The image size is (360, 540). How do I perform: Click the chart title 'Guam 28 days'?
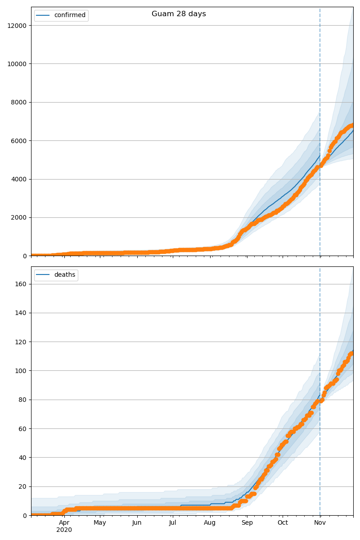click(x=179, y=14)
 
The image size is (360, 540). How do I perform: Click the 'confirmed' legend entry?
click(x=69, y=15)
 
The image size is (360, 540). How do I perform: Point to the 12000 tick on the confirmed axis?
click(x=17, y=26)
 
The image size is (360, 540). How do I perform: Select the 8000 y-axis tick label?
click(x=19, y=103)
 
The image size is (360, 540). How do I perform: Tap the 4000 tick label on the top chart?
click(x=19, y=179)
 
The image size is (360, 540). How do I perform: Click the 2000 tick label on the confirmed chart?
click(x=19, y=218)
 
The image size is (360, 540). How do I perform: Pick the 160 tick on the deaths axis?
click(x=21, y=284)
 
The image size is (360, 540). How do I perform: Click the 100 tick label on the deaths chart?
click(x=21, y=371)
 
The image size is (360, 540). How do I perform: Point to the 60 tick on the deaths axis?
click(x=22, y=429)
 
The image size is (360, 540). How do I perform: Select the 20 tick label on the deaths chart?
click(x=22, y=486)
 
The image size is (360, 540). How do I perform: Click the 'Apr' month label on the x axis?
click(x=64, y=523)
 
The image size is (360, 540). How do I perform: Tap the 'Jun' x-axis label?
click(x=137, y=523)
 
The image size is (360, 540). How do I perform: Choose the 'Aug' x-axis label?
click(x=210, y=523)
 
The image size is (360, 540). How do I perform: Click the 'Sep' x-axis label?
click(x=247, y=523)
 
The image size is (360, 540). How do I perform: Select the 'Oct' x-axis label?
click(x=283, y=523)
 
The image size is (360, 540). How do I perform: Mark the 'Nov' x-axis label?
click(x=320, y=523)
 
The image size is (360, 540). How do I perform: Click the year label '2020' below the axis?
click(x=64, y=530)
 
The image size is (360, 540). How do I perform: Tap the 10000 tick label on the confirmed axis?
click(x=17, y=64)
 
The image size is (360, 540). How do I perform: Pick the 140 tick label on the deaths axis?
click(x=21, y=313)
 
